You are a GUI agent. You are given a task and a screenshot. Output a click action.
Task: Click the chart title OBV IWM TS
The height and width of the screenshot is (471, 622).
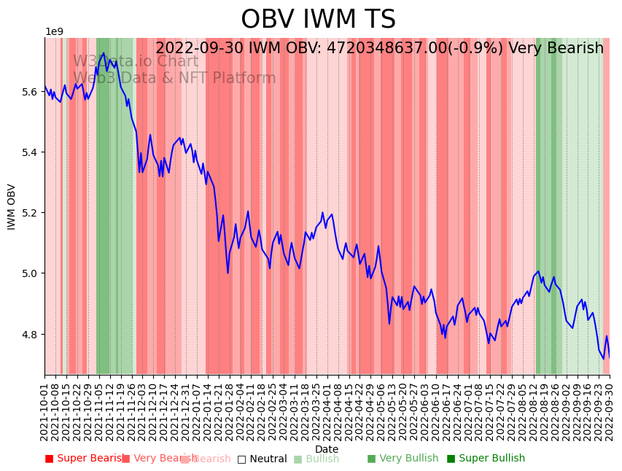pos(318,20)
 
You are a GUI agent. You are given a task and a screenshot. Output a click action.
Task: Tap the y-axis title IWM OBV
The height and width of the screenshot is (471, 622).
pos(12,206)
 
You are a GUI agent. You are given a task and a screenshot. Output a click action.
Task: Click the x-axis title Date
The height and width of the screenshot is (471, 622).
pos(327,449)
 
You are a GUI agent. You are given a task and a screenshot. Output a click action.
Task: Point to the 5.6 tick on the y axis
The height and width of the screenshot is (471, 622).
pos(29,92)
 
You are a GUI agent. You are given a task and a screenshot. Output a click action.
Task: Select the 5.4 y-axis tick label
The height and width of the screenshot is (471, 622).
pos(29,152)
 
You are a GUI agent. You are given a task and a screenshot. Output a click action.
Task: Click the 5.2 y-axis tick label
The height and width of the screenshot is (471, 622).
pos(29,213)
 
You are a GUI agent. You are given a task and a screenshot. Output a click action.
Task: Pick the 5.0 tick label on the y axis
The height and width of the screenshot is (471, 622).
pos(29,273)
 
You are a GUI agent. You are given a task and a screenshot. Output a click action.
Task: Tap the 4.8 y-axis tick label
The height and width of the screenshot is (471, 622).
pos(29,335)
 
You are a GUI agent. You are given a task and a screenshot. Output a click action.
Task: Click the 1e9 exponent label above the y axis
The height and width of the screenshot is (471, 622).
pos(55,32)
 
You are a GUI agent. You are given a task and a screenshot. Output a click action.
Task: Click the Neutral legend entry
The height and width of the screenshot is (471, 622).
pos(262,459)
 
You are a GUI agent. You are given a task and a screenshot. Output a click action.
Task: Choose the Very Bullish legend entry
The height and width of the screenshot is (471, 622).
pos(403,459)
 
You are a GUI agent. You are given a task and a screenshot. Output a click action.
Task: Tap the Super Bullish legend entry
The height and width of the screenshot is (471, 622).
pos(486,459)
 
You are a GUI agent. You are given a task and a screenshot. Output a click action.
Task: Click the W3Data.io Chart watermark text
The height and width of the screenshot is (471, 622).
pos(135,61)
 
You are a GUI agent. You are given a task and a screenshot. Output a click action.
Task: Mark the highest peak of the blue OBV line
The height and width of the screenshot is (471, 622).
pos(104,52)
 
